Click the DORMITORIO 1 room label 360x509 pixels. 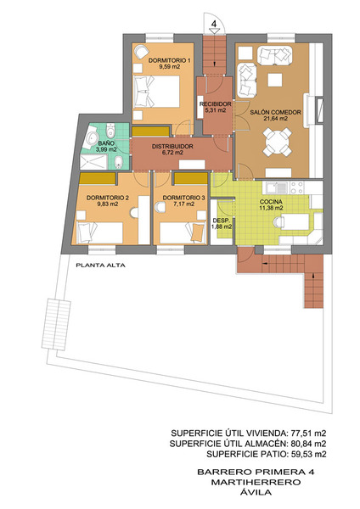click(x=169, y=61)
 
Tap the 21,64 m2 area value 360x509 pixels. click(x=275, y=119)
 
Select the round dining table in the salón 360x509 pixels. click(x=277, y=142)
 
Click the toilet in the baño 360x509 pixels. click(x=110, y=130)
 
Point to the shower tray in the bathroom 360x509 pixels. click(x=93, y=162)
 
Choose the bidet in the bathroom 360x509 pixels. click(x=119, y=162)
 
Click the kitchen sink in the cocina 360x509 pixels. click(x=277, y=187)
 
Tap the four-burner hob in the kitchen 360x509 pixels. click(x=296, y=187)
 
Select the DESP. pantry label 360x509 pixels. click(x=222, y=220)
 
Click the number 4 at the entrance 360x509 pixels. click(x=214, y=24)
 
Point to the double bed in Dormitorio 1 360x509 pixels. click(x=156, y=92)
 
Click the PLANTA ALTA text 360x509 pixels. click(x=100, y=266)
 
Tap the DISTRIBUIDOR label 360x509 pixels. click(x=172, y=147)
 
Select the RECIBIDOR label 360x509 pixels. click(x=216, y=104)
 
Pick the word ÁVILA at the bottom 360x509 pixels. click(x=256, y=492)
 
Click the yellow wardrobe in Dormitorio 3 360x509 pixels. click(x=191, y=178)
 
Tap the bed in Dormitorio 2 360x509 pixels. click(x=99, y=232)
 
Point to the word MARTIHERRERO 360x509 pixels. click(x=256, y=482)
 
